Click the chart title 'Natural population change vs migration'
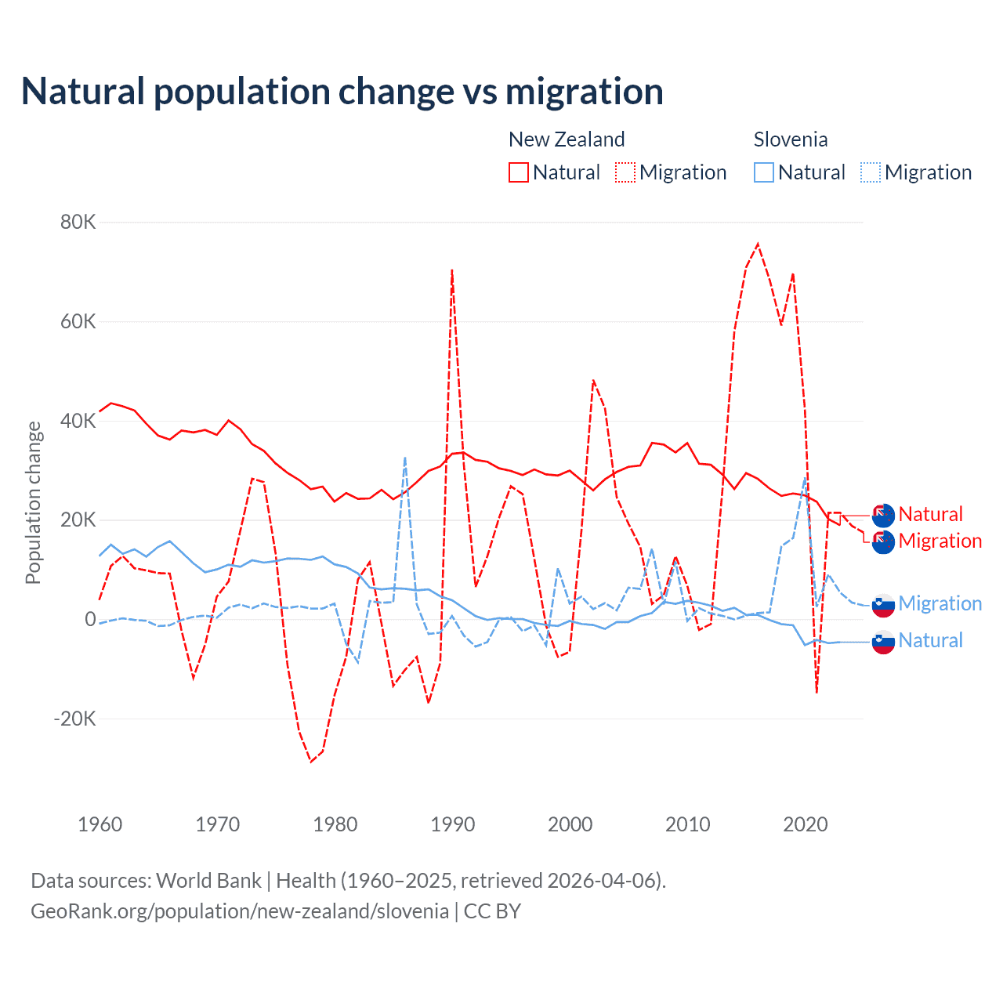pyautogui.click(x=342, y=91)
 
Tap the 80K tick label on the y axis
pyautogui.click(x=78, y=222)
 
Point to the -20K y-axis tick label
pyautogui.click(x=74, y=719)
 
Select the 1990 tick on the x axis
pyautogui.click(x=453, y=824)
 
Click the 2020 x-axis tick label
pyautogui.click(x=806, y=824)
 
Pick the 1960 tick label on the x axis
pyautogui.click(x=100, y=824)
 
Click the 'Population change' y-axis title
pyautogui.click(x=33, y=503)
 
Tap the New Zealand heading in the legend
pyautogui.click(x=567, y=139)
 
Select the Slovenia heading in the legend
pyautogui.click(x=791, y=139)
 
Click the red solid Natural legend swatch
pyautogui.click(x=519, y=172)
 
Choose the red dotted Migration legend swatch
pyautogui.click(x=625, y=172)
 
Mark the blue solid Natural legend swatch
pyautogui.click(x=764, y=172)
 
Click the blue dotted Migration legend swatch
pyautogui.click(x=871, y=172)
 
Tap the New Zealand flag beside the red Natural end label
pyautogui.click(x=883, y=515)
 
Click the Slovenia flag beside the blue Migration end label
pyautogui.click(x=883, y=604)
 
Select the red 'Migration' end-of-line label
pyautogui.click(x=940, y=541)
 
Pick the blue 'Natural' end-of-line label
pyautogui.click(x=931, y=640)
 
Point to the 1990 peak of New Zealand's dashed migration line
pyautogui.click(x=452, y=270)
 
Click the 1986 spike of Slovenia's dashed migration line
pyautogui.click(x=405, y=458)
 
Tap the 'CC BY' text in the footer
pyautogui.click(x=492, y=911)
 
